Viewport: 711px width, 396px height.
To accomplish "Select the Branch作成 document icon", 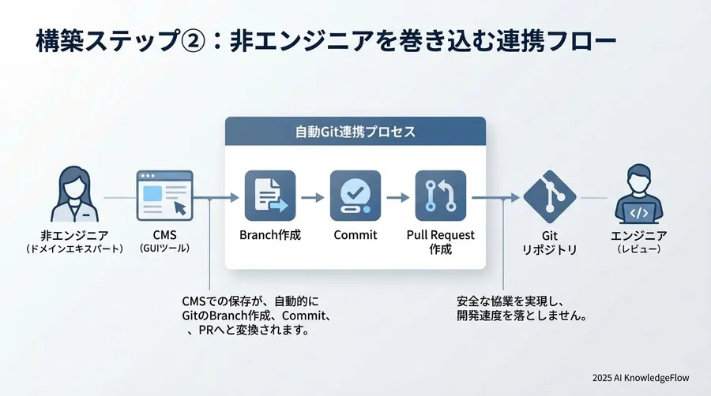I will click(x=270, y=196).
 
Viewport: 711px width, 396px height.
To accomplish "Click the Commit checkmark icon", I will click(x=355, y=196).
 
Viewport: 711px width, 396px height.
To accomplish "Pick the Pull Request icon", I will click(x=440, y=196).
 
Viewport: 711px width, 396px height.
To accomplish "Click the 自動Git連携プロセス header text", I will click(x=355, y=131).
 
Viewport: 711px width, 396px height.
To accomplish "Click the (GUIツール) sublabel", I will click(x=165, y=248).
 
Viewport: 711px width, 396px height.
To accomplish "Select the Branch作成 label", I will click(x=270, y=235).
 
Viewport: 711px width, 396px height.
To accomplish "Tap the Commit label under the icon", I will click(x=355, y=235).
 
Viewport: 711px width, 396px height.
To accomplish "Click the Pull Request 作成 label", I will click(x=440, y=241).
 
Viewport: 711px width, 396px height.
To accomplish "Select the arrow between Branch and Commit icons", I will click(x=313, y=197).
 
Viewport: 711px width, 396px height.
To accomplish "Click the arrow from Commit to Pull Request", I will click(x=397, y=197).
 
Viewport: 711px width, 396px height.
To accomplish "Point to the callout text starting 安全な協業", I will click(x=521, y=308).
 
